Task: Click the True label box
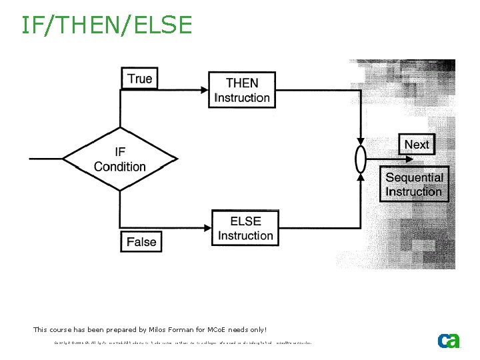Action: coord(139,79)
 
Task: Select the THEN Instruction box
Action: coord(242,90)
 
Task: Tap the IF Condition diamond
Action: coord(120,159)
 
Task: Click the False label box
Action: coord(141,241)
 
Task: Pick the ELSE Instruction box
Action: coord(245,228)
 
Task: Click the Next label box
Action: coord(417,145)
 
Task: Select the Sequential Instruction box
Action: coord(414,185)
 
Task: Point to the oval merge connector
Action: coord(360,160)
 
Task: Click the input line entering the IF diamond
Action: coord(47,159)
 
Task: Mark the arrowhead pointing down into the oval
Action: coord(360,142)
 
